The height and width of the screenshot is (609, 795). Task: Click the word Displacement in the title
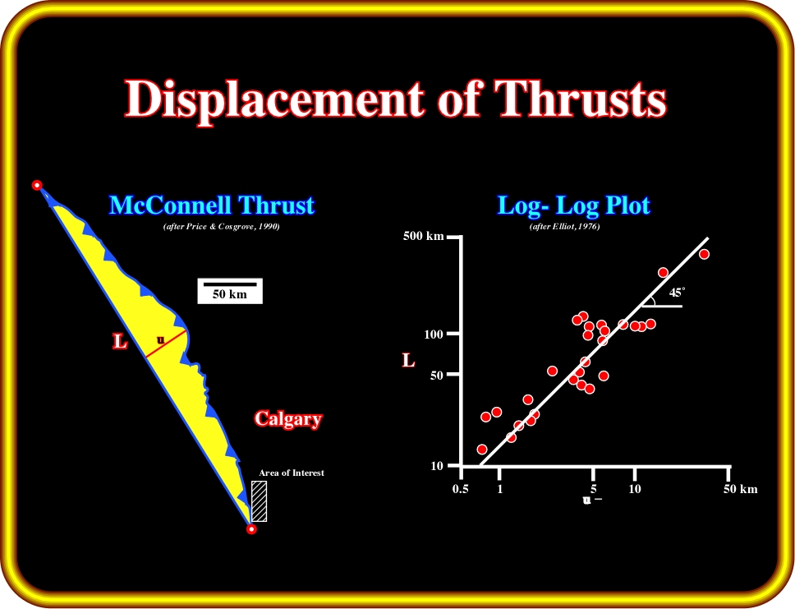click(x=274, y=99)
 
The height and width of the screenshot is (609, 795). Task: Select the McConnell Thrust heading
click(x=212, y=205)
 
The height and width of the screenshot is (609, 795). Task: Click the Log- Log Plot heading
click(x=573, y=205)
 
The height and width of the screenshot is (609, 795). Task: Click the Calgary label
click(x=288, y=419)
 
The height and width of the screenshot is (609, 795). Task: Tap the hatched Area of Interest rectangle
click(x=259, y=501)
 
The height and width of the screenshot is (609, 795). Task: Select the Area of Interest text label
click(x=291, y=473)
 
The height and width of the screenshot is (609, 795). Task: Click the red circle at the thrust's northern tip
click(x=36, y=185)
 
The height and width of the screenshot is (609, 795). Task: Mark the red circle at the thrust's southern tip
click(x=251, y=529)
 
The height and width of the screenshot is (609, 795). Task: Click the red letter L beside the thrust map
click(x=120, y=342)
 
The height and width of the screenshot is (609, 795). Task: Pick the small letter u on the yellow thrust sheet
click(x=160, y=340)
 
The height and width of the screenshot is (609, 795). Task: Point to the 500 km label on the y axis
click(x=423, y=236)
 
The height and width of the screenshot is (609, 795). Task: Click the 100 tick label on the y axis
click(x=434, y=334)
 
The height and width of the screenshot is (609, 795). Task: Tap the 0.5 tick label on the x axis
click(x=461, y=489)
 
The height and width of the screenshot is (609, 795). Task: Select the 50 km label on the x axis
click(x=740, y=489)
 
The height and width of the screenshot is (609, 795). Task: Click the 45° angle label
click(x=677, y=293)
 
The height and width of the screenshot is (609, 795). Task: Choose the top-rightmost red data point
click(x=704, y=254)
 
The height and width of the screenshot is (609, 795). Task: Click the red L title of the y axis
click(x=409, y=360)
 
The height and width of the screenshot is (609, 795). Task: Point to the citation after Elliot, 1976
click(x=564, y=227)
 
